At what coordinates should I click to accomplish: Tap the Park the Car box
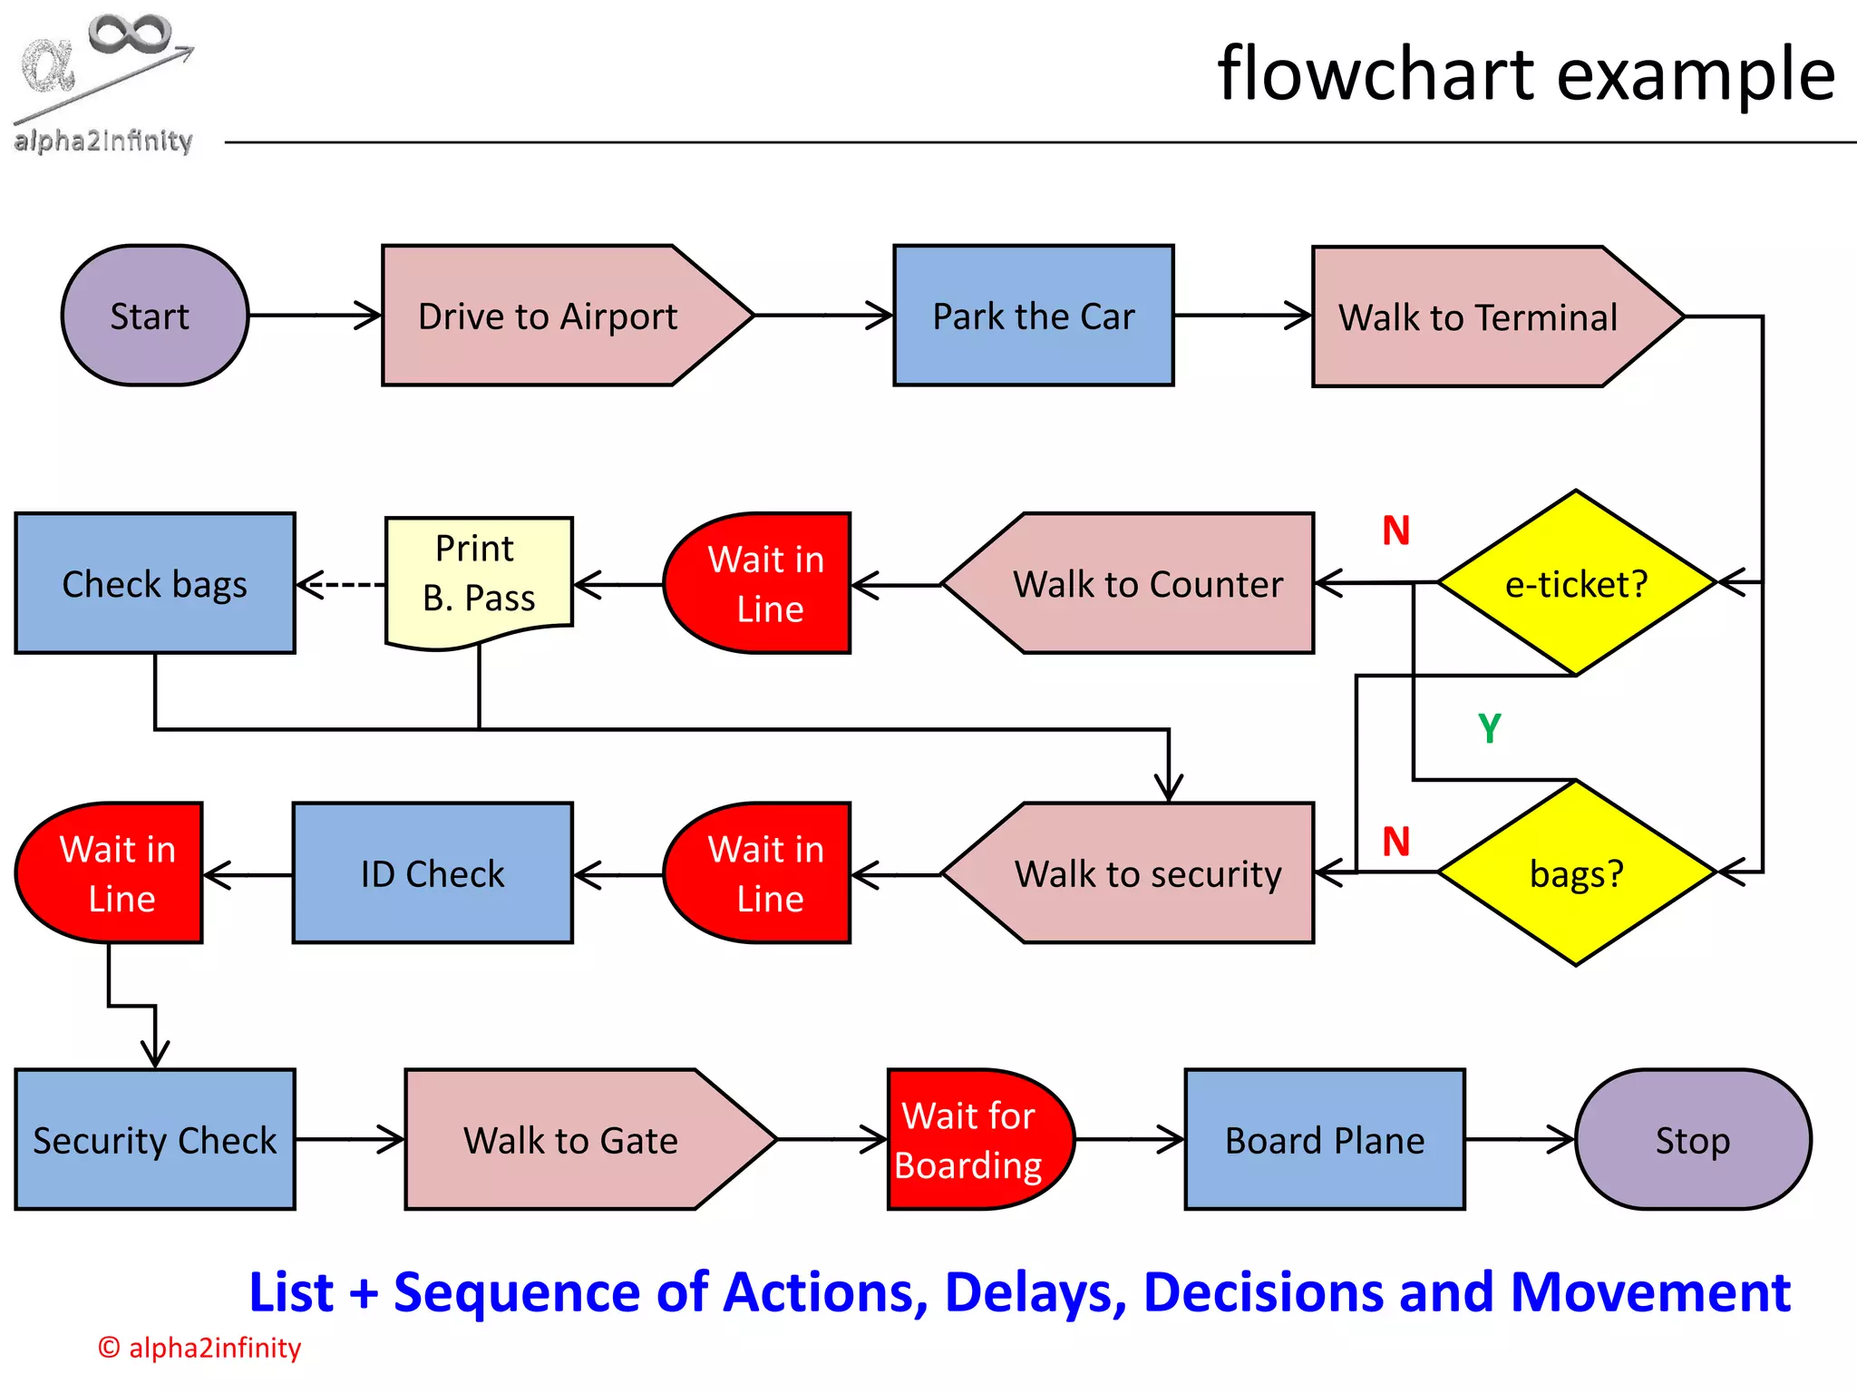click(1034, 316)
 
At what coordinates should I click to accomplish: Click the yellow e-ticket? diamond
click(1576, 583)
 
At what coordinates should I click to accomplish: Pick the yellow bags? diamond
click(1576, 872)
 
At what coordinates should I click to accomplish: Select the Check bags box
click(155, 583)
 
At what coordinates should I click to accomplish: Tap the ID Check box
click(433, 872)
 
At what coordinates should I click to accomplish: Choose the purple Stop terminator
click(1692, 1139)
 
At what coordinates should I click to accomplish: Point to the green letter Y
click(1490, 728)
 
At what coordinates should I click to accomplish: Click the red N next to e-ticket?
click(1395, 531)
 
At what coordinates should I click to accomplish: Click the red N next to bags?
click(1395, 842)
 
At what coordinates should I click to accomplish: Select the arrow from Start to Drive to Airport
click(314, 316)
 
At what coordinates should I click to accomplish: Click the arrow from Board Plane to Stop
click(1520, 1139)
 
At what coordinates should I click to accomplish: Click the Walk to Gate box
click(571, 1139)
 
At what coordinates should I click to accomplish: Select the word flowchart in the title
click(1377, 74)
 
